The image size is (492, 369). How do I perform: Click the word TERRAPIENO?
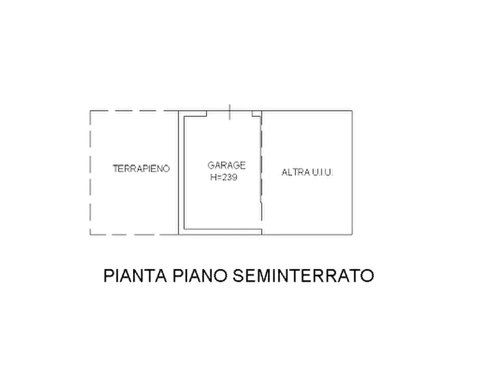pos(141,169)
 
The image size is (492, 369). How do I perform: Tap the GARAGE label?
pos(226,165)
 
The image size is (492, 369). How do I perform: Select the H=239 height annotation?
pos(224,177)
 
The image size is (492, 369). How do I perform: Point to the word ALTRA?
pos(292,172)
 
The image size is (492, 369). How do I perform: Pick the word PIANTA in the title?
pos(135,276)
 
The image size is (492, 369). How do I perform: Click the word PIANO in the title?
pos(200,276)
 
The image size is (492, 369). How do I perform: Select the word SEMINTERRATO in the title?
pos(304,276)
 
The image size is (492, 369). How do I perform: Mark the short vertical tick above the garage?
pos(230,112)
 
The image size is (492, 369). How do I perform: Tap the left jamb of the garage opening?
pos(207,113)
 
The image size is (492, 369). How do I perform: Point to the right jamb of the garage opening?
pos(252,113)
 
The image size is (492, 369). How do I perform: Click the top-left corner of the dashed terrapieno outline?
pos(90,111)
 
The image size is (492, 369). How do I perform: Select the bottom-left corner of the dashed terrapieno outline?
pos(90,235)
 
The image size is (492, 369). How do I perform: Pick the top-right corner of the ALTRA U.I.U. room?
pos(352,111)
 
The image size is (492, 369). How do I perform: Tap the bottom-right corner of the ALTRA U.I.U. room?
pos(352,235)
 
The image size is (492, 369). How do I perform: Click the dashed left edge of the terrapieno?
pos(90,172)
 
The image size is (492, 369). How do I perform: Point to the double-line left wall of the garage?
pos(181,172)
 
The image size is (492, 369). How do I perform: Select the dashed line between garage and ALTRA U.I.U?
pos(261,172)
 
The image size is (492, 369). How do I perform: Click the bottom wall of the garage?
pos(220,232)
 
